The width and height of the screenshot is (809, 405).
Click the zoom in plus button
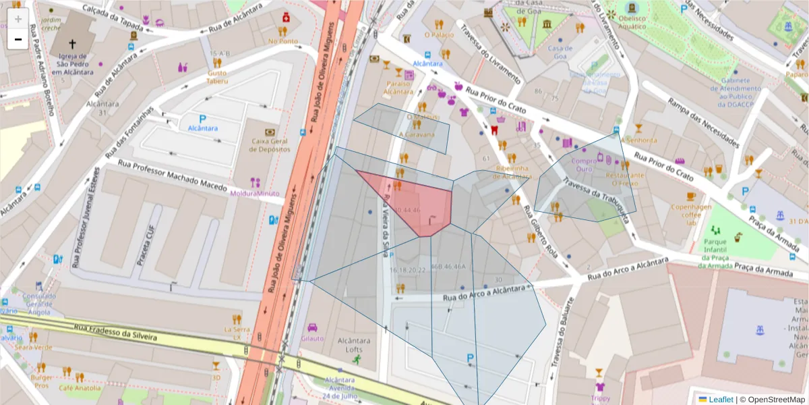18,19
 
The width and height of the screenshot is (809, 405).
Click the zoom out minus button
18,39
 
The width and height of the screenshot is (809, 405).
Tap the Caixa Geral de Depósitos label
270,144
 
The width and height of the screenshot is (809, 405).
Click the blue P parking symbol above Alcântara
202,118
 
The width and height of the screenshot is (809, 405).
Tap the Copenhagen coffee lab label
690,214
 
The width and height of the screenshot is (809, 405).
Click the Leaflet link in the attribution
720,400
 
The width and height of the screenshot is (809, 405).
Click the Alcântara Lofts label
350,345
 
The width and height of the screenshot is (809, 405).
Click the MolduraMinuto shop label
254,193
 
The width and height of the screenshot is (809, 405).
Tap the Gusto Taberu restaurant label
217,76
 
